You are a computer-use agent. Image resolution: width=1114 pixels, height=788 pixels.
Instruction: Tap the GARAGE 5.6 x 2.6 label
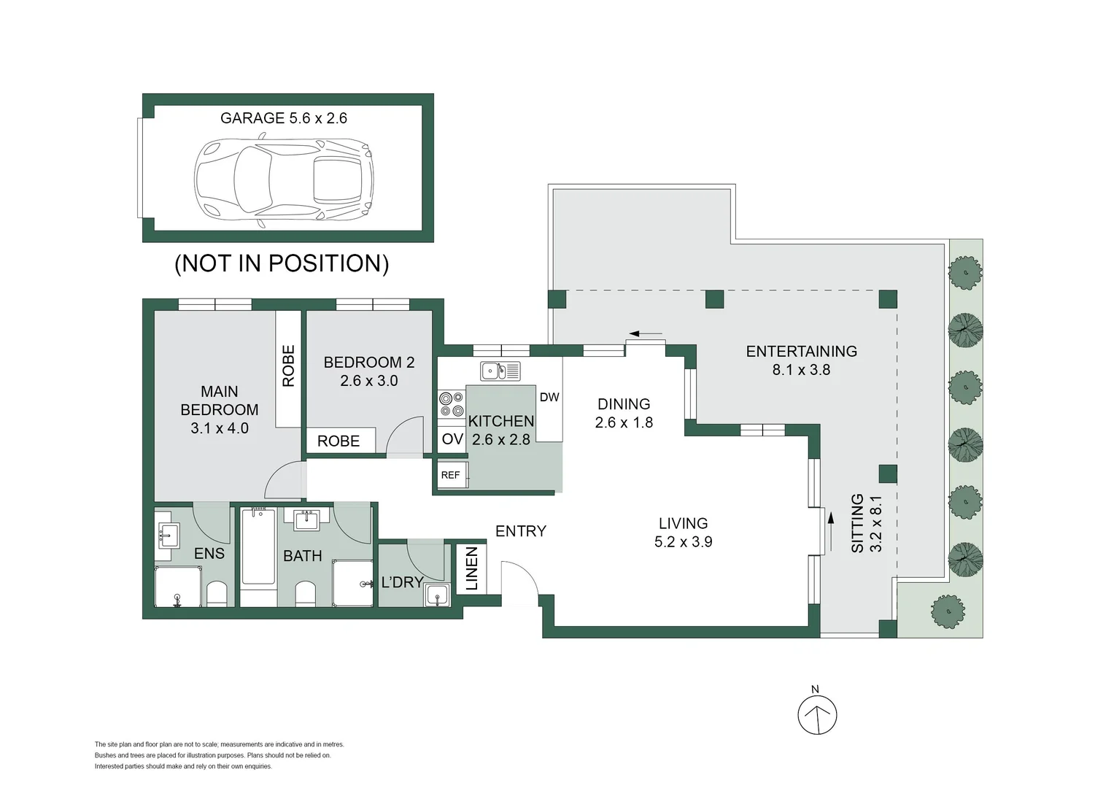tap(284, 118)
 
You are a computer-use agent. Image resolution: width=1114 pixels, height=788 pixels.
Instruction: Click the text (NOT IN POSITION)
tap(282, 263)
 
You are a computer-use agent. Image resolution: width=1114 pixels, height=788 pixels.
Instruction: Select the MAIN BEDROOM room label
tap(220, 409)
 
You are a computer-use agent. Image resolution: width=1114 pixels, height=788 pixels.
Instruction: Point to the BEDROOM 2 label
tap(369, 371)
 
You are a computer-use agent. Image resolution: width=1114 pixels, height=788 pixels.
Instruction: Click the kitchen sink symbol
tap(500, 371)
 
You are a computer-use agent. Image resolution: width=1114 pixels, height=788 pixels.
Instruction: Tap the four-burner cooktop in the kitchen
tap(451, 404)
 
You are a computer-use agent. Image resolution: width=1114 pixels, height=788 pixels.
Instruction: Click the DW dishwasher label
tap(549, 397)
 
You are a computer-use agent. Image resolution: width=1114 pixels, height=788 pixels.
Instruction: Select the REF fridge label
tap(451, 475)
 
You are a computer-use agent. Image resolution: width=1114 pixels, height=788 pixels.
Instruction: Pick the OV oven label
tap(452, 439)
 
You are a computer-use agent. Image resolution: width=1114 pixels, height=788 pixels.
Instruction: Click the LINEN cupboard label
tap(471, 568)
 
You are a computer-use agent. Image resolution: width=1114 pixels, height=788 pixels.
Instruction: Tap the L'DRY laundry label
tap(402, 582)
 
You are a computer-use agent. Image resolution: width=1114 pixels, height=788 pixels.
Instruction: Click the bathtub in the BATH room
tap(258, 546)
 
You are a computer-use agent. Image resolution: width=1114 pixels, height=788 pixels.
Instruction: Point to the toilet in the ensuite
tap(217, 594)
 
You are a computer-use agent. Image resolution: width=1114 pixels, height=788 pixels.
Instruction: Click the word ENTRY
tap(521, 531)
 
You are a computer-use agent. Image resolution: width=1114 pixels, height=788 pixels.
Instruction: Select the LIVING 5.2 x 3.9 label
tap(684, 533)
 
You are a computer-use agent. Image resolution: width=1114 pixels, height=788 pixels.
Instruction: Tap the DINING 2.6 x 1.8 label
tap(624, 413)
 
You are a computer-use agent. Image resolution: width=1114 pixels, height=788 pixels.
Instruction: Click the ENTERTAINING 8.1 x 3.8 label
tap(801, 360)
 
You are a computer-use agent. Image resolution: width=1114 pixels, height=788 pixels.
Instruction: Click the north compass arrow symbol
tap(817, 715)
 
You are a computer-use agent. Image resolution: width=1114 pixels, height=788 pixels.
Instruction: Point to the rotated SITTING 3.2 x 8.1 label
tap(867, 523)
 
